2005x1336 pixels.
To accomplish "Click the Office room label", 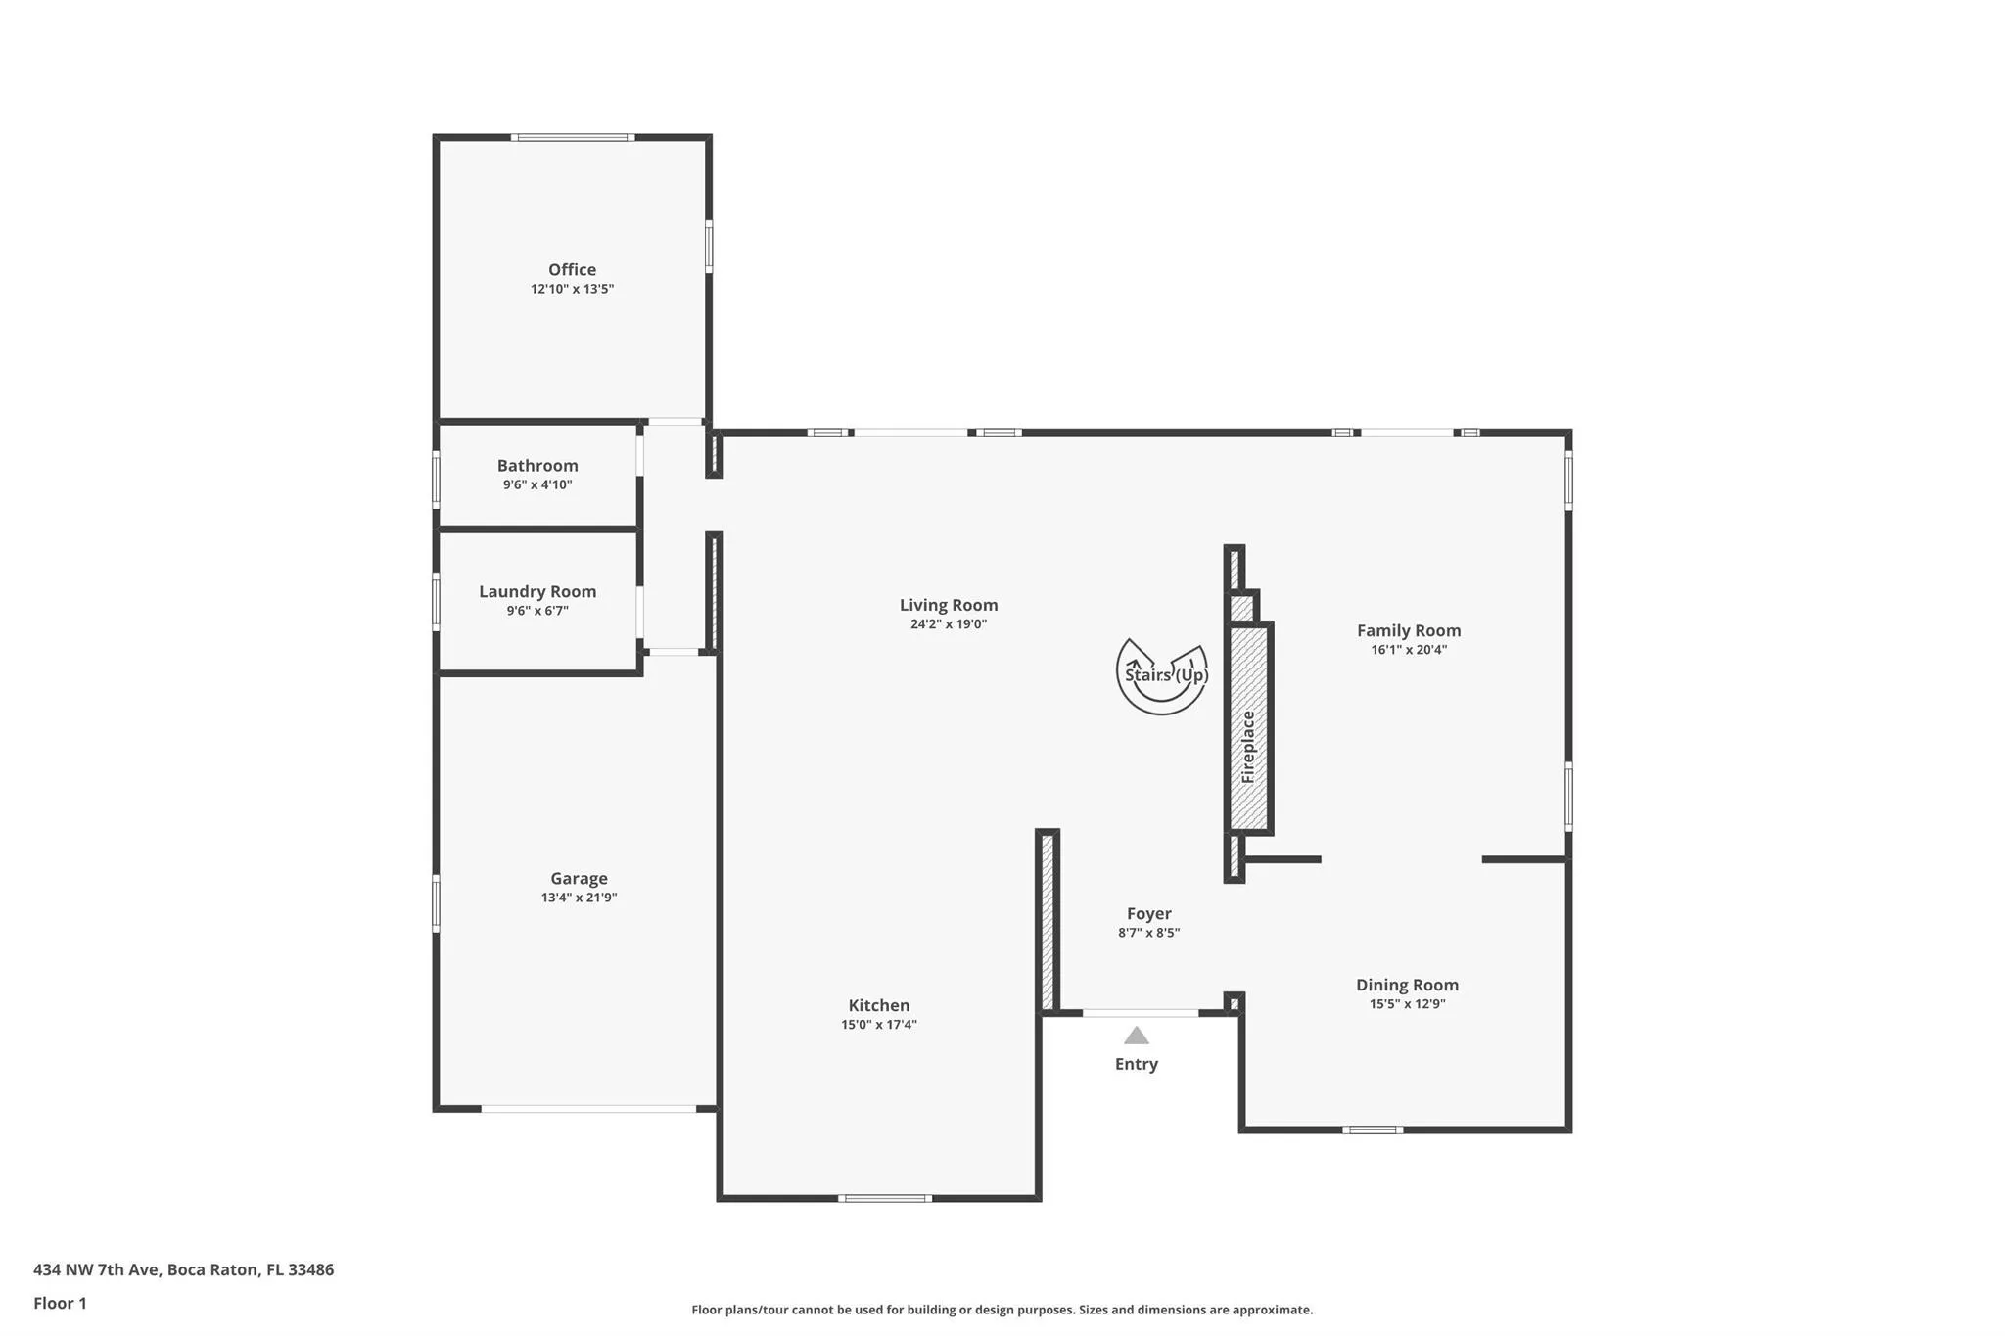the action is tap(572, 269).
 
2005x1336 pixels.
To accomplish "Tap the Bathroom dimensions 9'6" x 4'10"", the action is tap(537, 484).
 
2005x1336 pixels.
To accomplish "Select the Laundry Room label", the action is tap(537, 591).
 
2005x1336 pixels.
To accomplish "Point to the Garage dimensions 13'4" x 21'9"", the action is tap(579, 898).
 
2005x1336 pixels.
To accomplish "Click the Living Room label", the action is tap(949, 605).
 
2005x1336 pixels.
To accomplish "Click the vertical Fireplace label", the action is tap(1248, 747).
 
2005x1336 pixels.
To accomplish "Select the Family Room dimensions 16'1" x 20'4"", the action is tap(1409, 650).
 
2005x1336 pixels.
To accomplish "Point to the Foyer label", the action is tap(1148, 913).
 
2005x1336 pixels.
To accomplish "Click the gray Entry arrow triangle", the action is tap(1136, 1036).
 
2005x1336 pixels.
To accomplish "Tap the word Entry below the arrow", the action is tap(1136, 1064).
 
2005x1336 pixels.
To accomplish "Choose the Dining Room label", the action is tap(1407, 985).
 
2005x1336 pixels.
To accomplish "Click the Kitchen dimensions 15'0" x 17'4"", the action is tap(878, 1025).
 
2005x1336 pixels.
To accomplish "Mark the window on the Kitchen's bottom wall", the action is tap(884, 1198).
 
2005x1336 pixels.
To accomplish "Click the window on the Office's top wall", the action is tap(573, 137).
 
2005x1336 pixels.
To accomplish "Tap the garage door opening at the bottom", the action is tap(588, 1109).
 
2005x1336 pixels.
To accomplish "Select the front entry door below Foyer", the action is tap(1141, 1013).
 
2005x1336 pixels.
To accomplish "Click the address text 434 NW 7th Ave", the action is tap(96, 1269).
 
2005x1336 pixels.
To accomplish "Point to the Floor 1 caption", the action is tap(60, 1303).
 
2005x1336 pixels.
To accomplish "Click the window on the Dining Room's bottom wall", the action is tap(1373, 1129).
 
